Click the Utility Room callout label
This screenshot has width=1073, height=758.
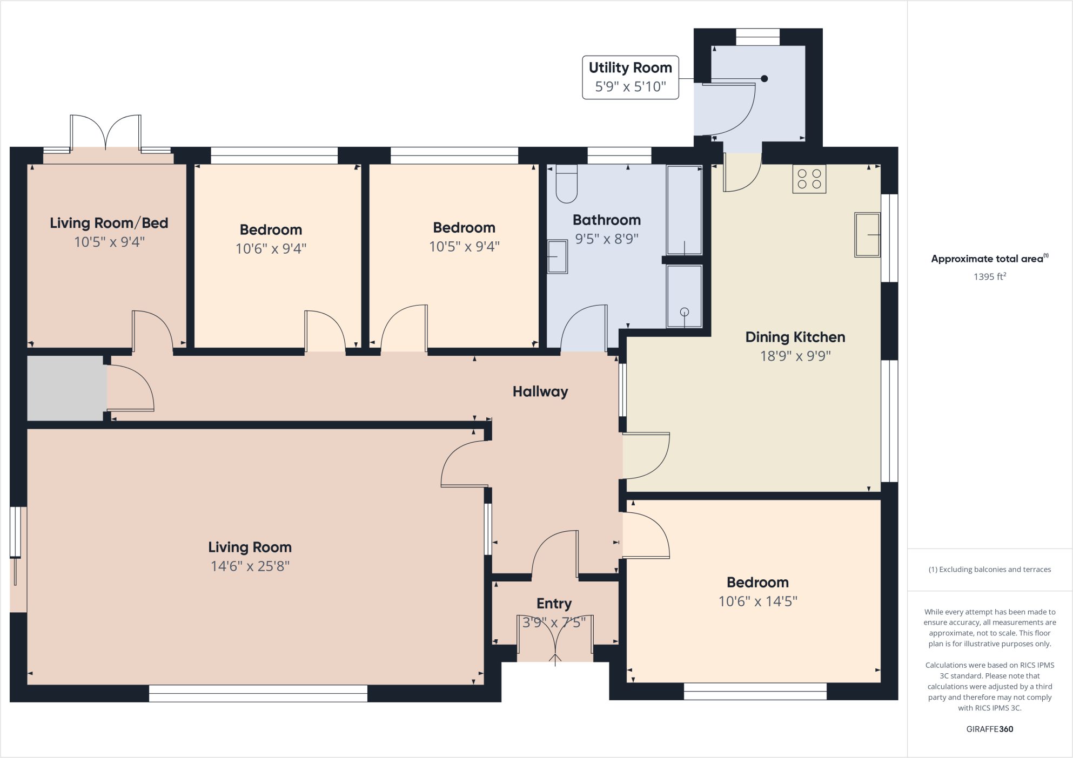(630, 77)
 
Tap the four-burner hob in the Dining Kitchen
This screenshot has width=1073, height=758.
(809, 179)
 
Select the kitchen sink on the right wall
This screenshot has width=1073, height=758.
(867, 235)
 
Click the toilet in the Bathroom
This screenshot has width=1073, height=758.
(566, 184)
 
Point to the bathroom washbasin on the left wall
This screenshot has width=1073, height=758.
(557, 257)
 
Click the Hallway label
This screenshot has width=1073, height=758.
(540, 391)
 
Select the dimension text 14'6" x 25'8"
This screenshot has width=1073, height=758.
(250, 566)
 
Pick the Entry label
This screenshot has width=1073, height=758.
(554, 603)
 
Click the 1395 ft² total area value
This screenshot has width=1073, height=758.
(989, 276)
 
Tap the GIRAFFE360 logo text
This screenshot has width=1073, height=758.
(989, 729)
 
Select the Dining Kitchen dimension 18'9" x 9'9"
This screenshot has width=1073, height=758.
(795, 356)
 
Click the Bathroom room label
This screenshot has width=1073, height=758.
(606, 220)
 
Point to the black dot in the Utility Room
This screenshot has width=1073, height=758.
(764, 79)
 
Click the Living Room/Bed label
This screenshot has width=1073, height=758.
(109, 223)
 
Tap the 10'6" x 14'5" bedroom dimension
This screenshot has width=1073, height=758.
(757, 601)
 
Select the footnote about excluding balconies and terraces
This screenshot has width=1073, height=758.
(989, 570)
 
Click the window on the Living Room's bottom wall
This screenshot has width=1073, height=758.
(258, 693)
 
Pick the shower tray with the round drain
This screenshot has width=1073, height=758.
(684, 296)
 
